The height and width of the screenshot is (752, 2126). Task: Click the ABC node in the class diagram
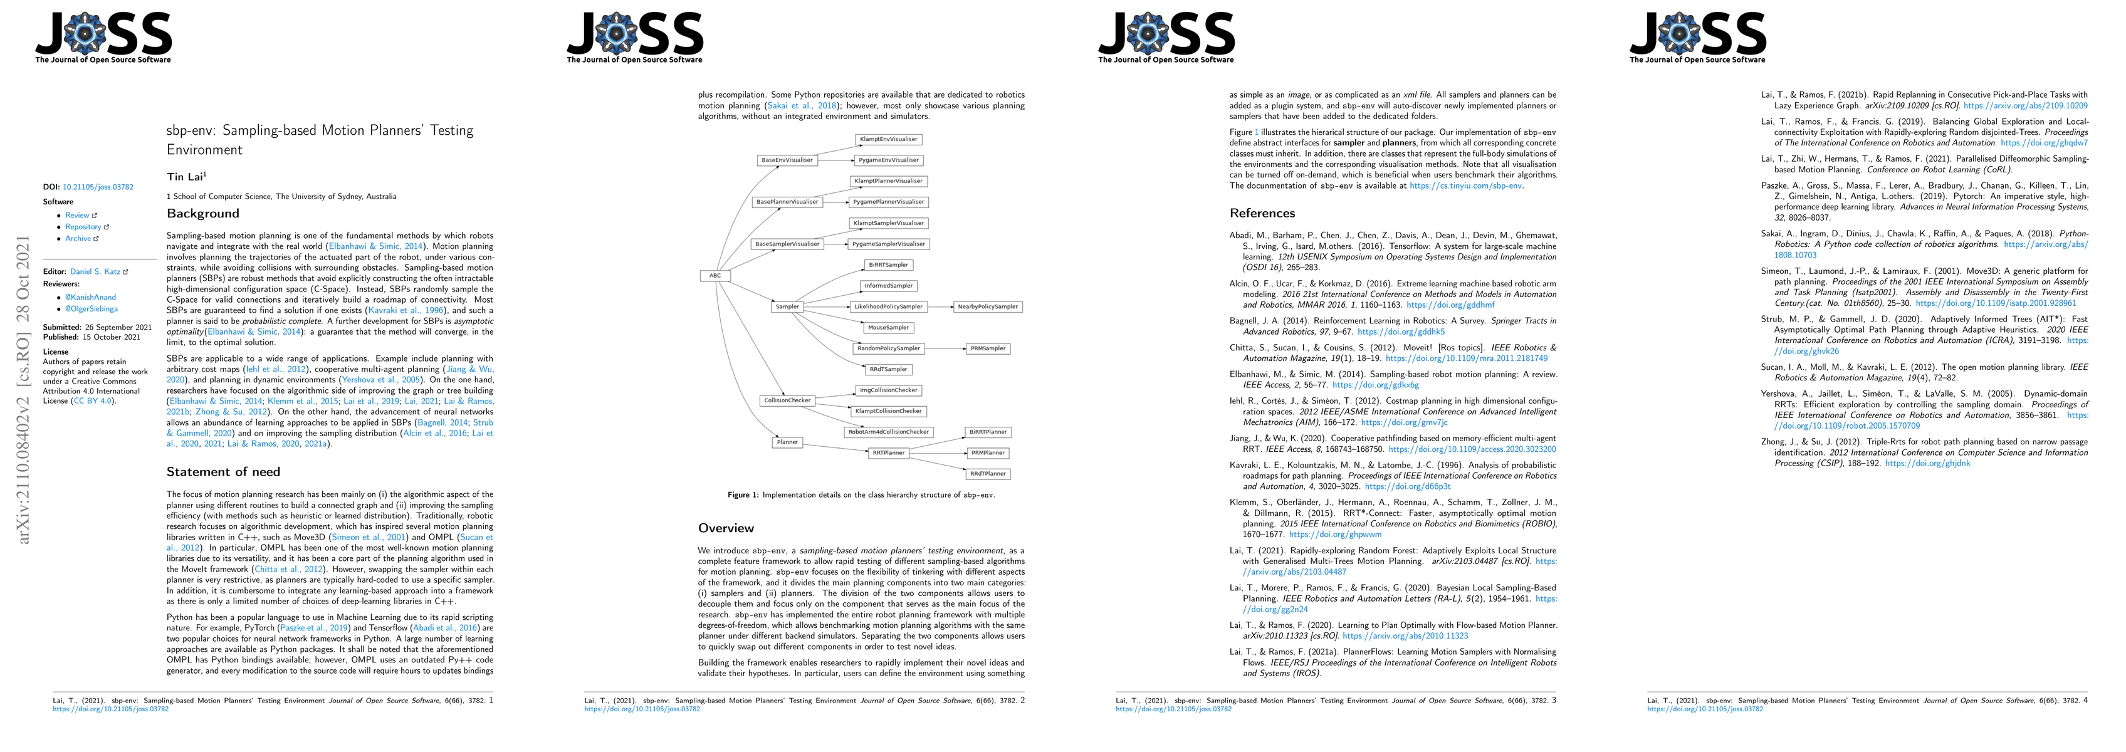715,276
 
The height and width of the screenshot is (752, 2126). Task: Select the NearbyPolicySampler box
987,307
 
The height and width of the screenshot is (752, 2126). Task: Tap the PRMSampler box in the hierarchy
988,348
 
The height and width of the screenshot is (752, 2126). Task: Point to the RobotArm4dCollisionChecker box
889,432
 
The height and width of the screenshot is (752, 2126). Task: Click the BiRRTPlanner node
988,432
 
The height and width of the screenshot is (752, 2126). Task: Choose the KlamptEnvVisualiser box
888,140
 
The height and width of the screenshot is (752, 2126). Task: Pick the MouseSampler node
888,328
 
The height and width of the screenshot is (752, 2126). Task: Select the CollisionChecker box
787,400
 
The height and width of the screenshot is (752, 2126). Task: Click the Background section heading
203,214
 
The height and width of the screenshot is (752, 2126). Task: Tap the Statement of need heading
224,472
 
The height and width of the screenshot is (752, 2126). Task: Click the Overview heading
726,528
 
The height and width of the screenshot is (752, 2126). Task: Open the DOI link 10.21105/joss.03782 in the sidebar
98,187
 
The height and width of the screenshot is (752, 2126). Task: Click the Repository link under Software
83,227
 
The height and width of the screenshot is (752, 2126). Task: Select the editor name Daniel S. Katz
95,271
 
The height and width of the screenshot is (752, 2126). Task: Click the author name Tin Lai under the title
185,177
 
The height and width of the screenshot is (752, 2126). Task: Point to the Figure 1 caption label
743,495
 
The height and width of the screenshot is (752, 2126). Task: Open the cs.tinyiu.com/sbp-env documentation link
1466,185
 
